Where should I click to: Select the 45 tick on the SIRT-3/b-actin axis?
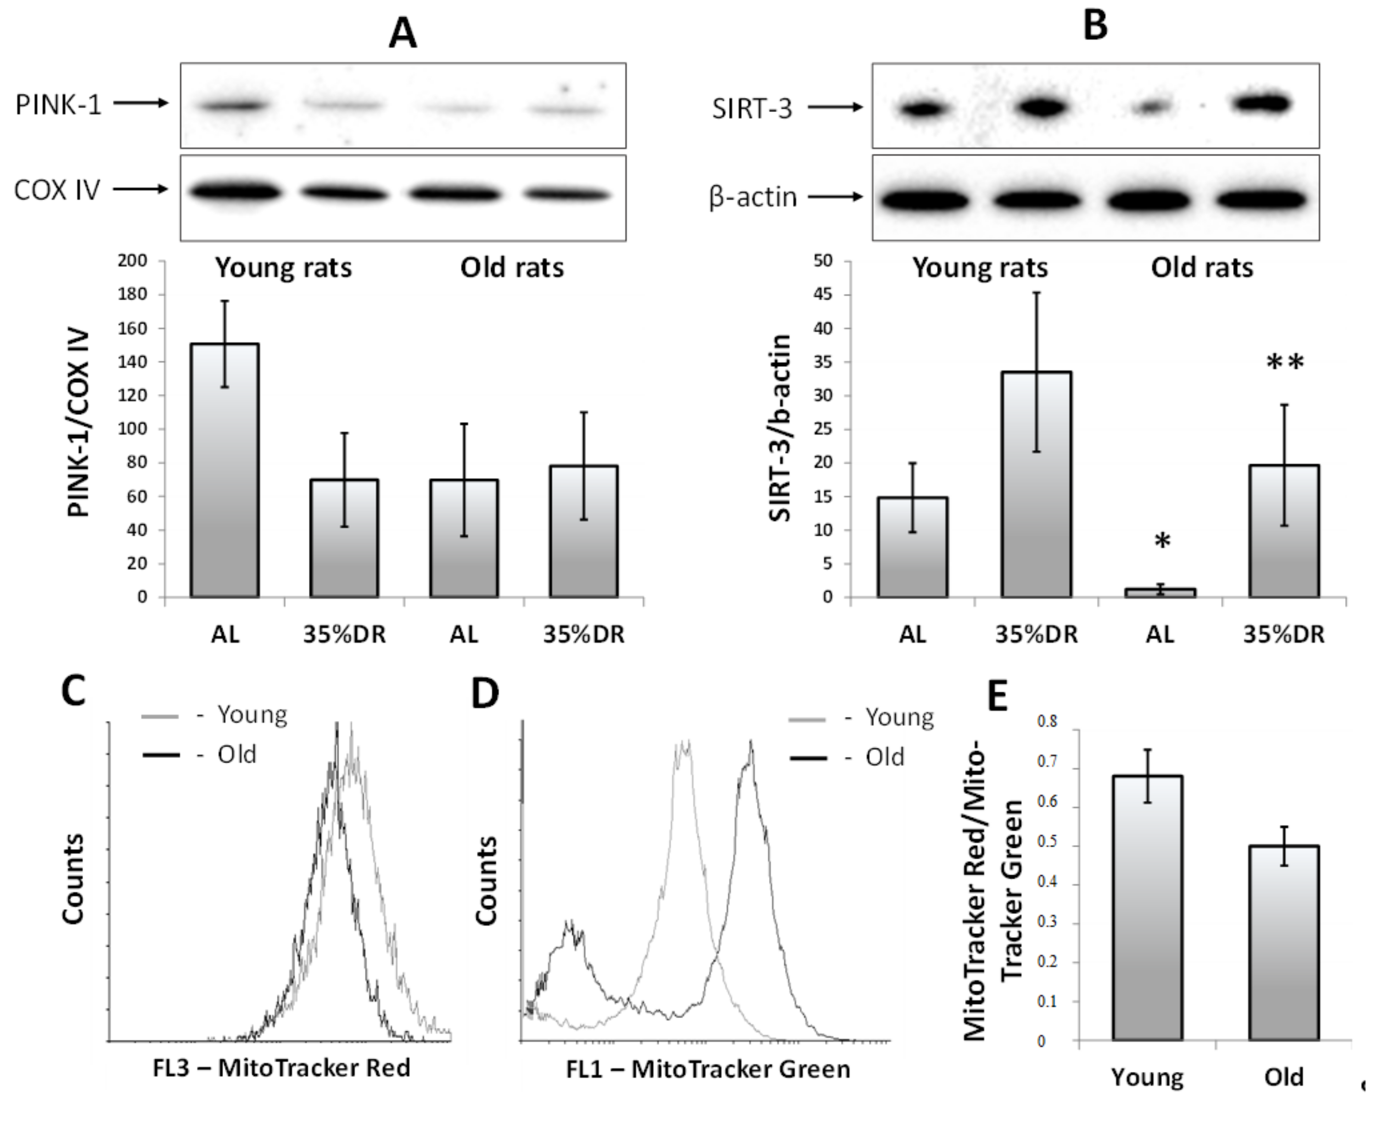point(824,295)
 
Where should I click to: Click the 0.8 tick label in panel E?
point(1047,721)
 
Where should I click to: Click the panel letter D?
point(485,693)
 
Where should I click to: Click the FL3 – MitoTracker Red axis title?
point(282,1068)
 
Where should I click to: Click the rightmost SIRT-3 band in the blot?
point(1262,104)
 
